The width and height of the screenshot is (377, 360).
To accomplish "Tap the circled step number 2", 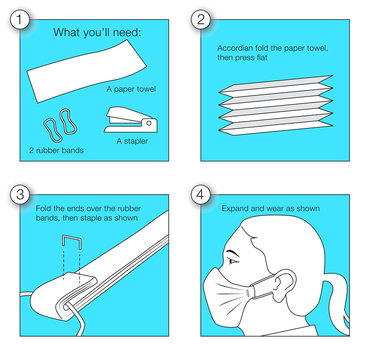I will [x=201, y=20].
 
